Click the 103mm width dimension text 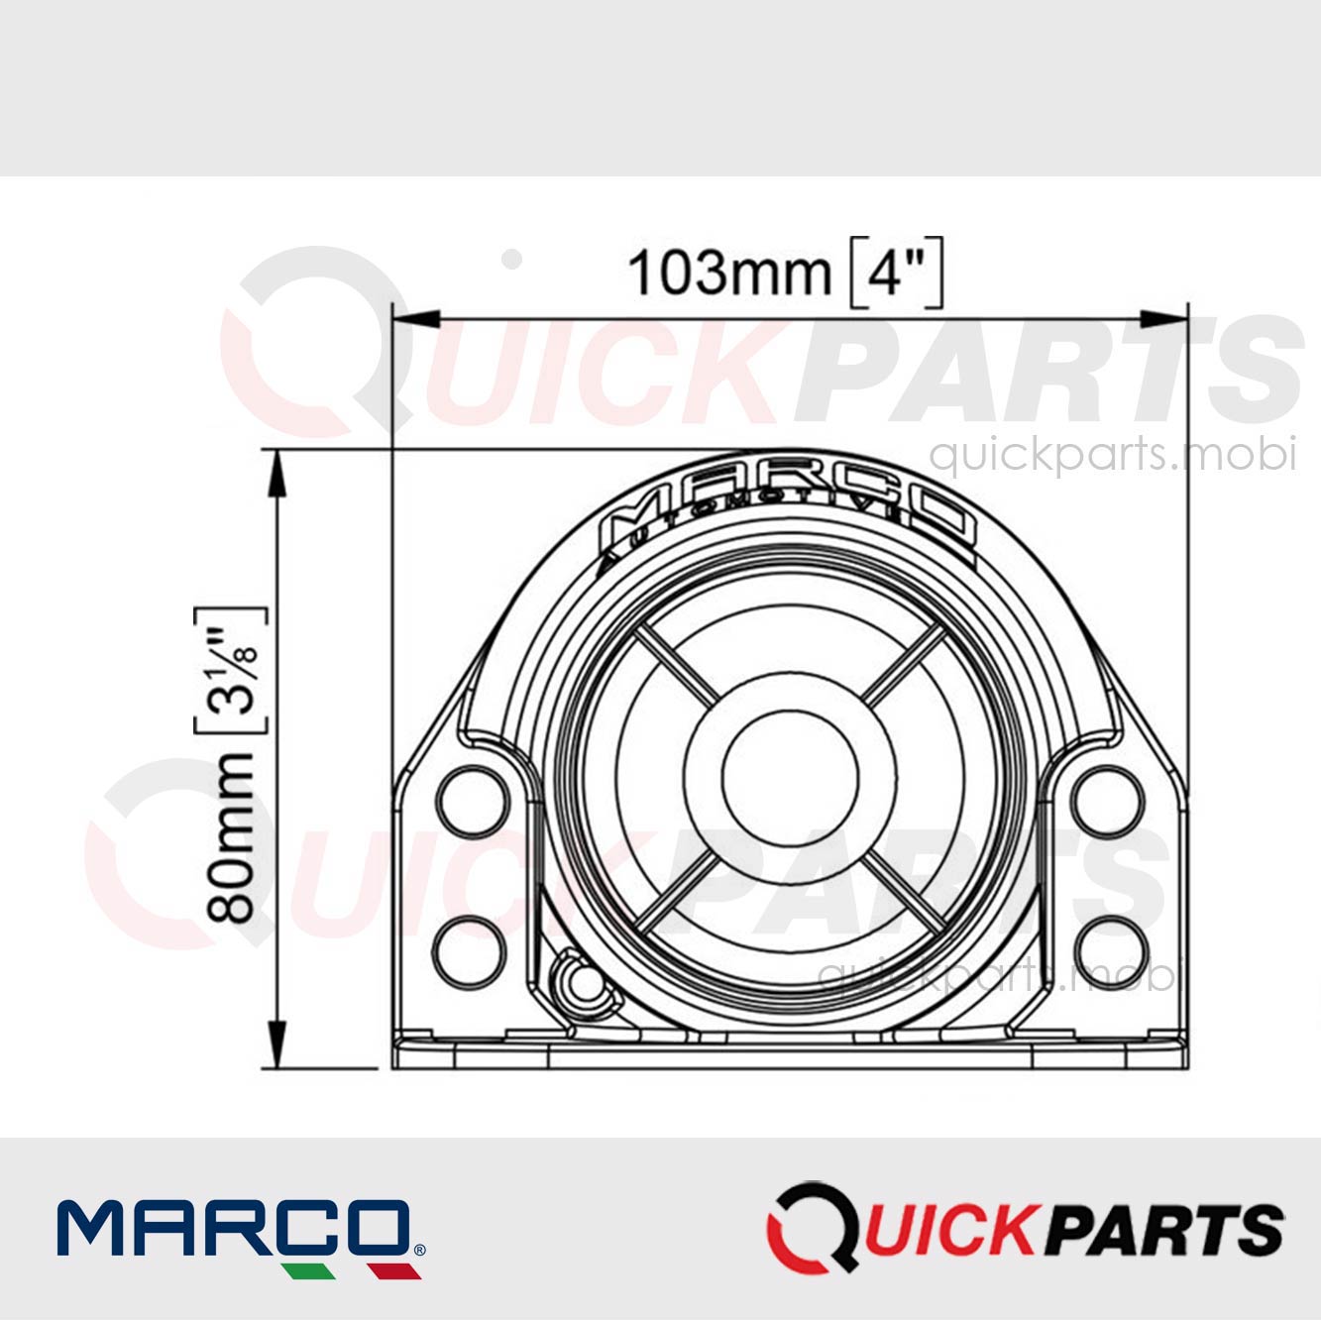[729, 273]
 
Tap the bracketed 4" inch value [897, 273]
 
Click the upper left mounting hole [473, 801]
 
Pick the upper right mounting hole [1108, 801]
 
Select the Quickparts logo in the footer [1025, 1229]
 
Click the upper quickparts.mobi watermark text [1112, 455]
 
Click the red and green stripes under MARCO [347, 1270]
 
